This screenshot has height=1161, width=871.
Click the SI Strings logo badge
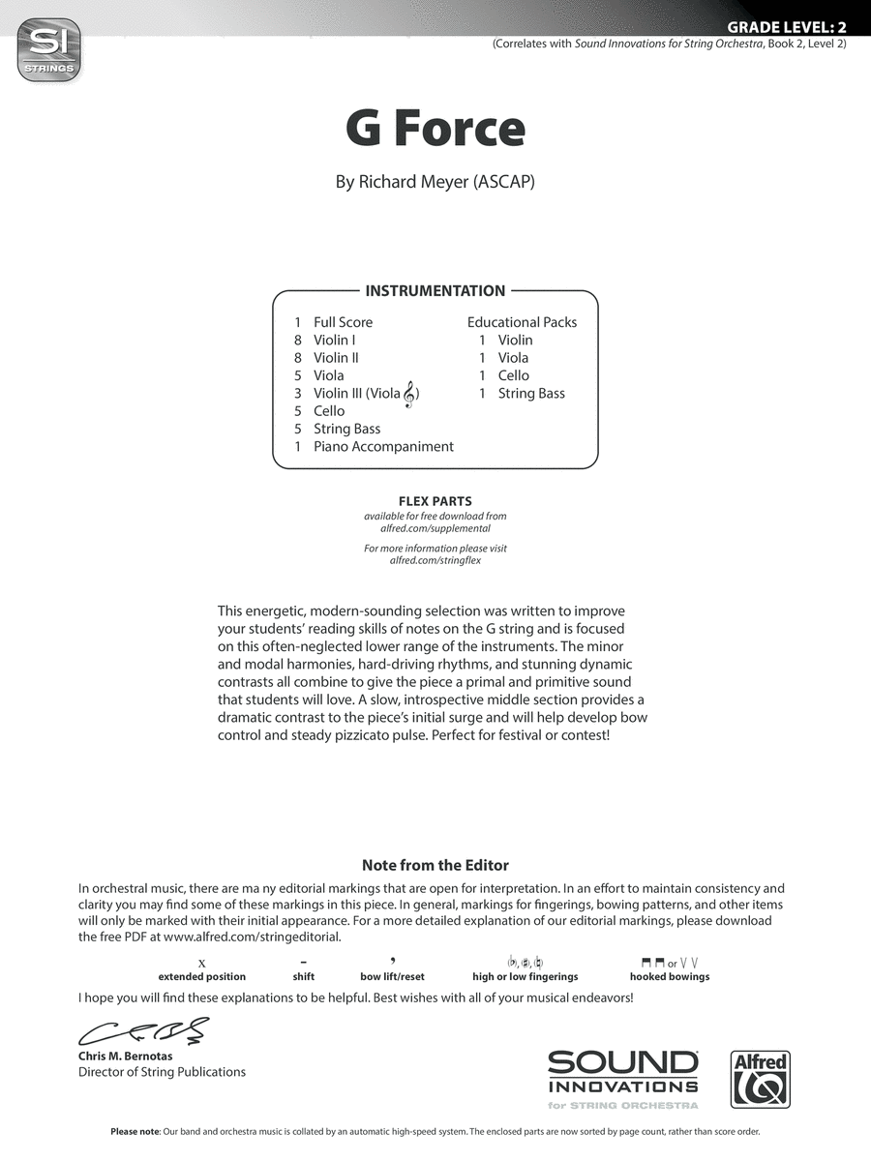(x=48, y=49)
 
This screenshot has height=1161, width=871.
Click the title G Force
(x=435, y=129)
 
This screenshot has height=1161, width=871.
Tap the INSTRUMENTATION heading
(x=435, y=290)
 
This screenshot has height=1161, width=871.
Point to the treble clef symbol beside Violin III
(x=410, y=393)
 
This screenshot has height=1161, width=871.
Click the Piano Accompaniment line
(x=383, y=446)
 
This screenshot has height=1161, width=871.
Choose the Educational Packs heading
(x=522, y=322)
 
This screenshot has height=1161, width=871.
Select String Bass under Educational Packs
(x=531, y=393)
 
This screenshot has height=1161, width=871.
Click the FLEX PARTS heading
(x=435, y=501)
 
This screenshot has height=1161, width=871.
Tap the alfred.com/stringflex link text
(x=435, y=560)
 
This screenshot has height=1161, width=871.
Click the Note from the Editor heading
(x=435, y=865)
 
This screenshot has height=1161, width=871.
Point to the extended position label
(x=202, y=976)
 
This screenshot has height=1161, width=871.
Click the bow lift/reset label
(x=392, y=976)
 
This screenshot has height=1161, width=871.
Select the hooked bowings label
(x=670, y=976)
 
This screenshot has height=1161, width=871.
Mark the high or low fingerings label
(x=526, y=976)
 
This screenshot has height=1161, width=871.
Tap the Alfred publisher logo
(x=760, y=1079)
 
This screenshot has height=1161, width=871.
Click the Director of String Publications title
(x=162, y=1072)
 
